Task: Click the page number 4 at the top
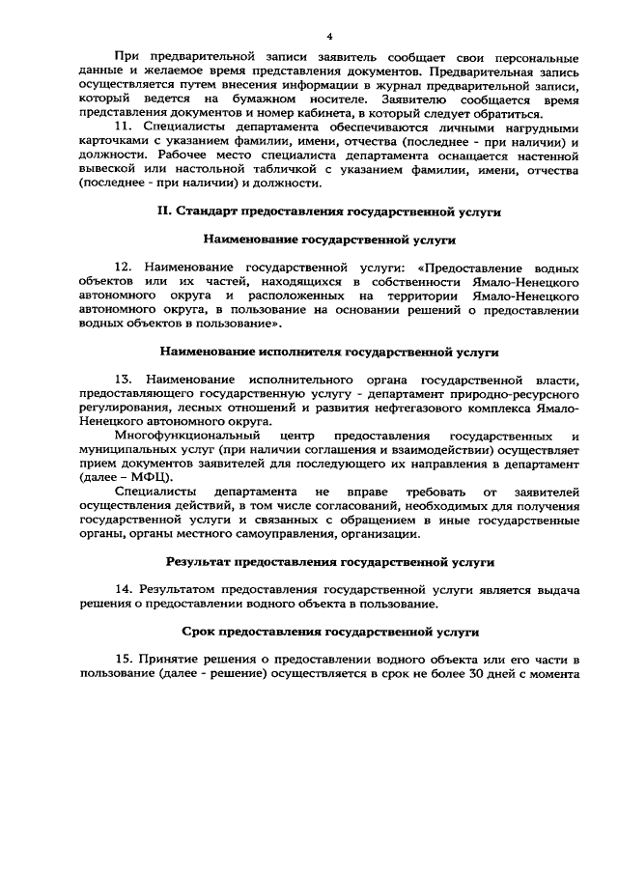pos(329,36)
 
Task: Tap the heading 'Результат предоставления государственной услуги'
pos(329,560)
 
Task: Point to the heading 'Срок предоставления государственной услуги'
pos(329,632)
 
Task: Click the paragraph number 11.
pos(122,127)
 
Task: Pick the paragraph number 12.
pos(122,265)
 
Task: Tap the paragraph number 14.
pos(122,588)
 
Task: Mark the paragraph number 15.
pos(122,659)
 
